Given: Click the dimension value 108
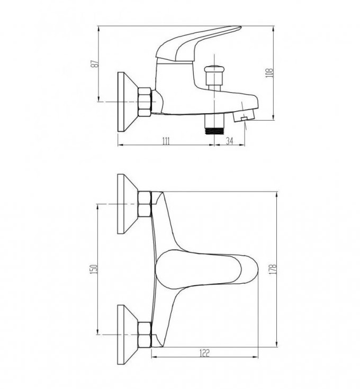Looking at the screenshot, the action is coord(269,73).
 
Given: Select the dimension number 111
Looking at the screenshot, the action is coord(166,141).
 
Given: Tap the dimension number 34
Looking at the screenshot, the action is coord(229,141).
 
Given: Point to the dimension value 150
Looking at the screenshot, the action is coord(95,269).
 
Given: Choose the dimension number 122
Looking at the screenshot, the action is coord(204,353).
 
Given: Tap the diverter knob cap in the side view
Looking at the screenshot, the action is coord(214,69).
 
